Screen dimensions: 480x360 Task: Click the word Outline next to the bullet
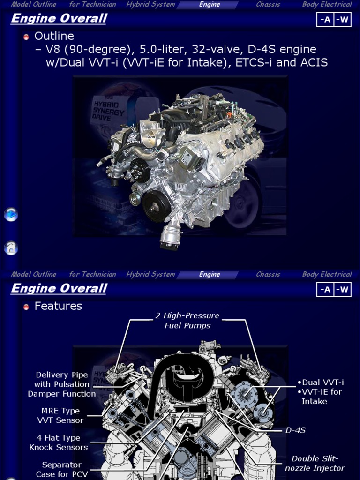pyautogui.click(x=54, y=36)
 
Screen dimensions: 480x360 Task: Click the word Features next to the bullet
pyautogui.click(x=58, y=306)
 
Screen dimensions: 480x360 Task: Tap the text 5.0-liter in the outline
pyautogui.click(x=161, y=50)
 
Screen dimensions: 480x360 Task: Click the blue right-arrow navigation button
pyautogui.click(x=11, y=215)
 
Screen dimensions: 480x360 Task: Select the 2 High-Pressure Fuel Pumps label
pyautogui.click(x=187, y=321)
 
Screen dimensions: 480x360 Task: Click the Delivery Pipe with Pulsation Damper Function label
pyautogui.click(x=61, y=384)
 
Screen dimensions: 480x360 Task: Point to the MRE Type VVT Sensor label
pyautogui.click(x=60, y=416)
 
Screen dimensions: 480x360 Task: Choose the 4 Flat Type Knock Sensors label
pyautogui.click(x=59, y=442)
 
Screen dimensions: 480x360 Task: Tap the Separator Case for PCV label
pyautogui.click(x=62, y=469)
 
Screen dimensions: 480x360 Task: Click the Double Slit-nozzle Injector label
pyautogui.click(x=315, y=463)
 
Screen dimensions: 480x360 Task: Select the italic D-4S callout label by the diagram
pyautogui.click(x=295, y=430)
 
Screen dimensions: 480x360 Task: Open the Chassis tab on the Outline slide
pyautogui.click(x=268, y=5)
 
